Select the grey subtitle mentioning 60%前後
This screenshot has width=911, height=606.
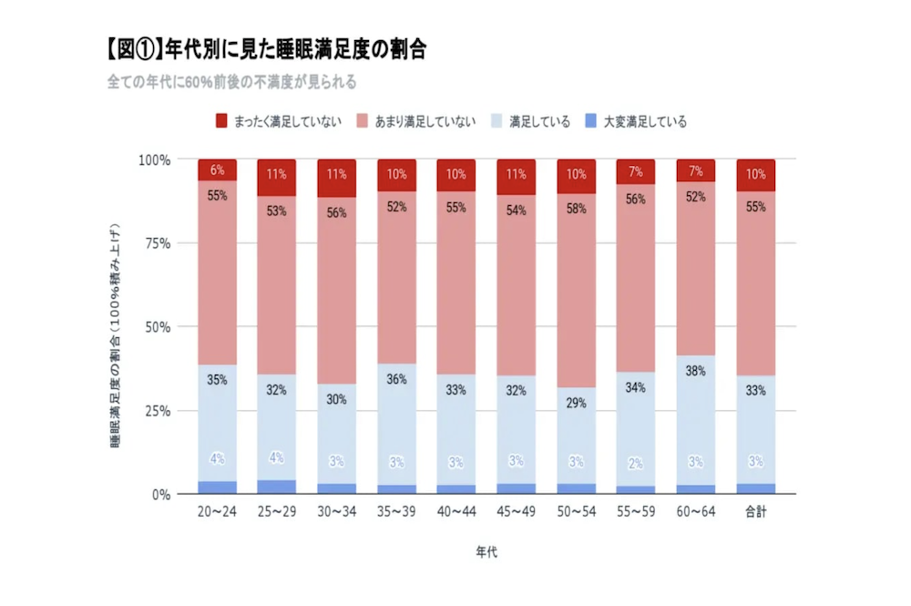click(231, 81)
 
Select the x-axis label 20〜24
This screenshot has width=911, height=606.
click(217, 512)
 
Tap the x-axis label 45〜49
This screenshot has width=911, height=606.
click(517, 512)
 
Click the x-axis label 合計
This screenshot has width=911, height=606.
click(756, 512)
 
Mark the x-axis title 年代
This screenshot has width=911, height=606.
click(486, 552)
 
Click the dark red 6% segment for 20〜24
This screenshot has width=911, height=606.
click(217, 170)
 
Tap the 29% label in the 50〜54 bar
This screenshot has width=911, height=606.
click(577, 402)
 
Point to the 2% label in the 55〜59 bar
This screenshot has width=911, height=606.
click(636, 462)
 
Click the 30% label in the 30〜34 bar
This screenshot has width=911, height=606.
click(337, 398)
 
